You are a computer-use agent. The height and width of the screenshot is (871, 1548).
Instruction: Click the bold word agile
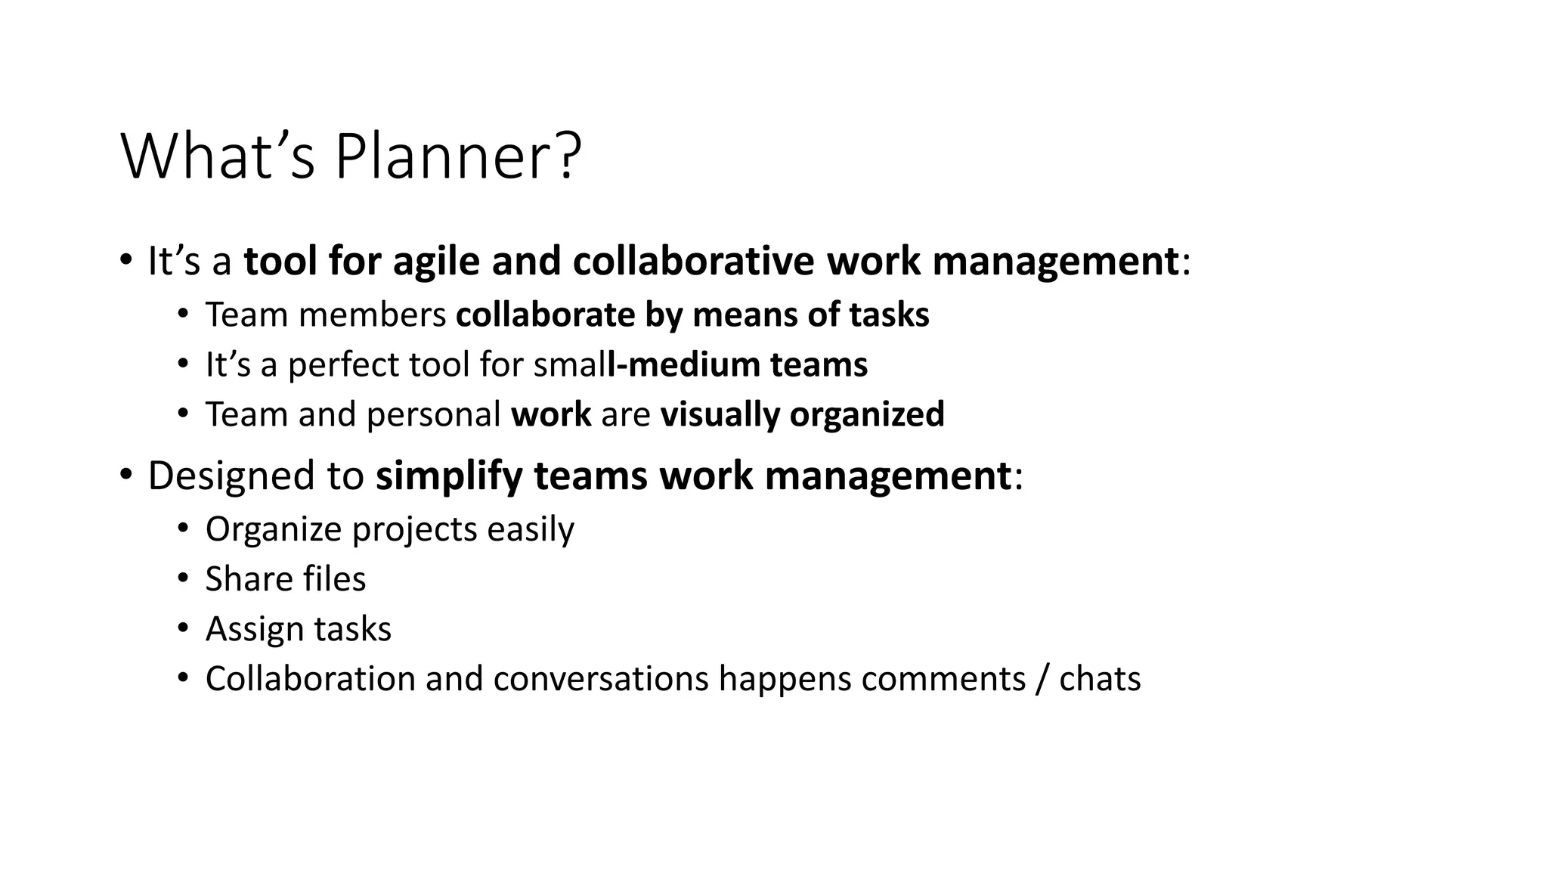[436, 262]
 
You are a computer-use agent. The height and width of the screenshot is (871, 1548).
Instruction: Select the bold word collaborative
[693, 262]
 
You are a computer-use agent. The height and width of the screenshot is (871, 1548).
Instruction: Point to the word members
[372, 315]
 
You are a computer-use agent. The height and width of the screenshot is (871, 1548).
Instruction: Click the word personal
[433, 415]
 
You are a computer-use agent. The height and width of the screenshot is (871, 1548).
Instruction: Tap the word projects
[414, 529]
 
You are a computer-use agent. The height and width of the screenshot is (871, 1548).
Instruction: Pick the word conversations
[601, 679]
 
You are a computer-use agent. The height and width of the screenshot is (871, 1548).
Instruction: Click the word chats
[1100, 679]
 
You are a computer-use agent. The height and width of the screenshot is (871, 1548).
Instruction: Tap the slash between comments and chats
[1043, 679]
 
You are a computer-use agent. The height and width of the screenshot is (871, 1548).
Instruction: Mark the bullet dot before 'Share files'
[183, 579]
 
